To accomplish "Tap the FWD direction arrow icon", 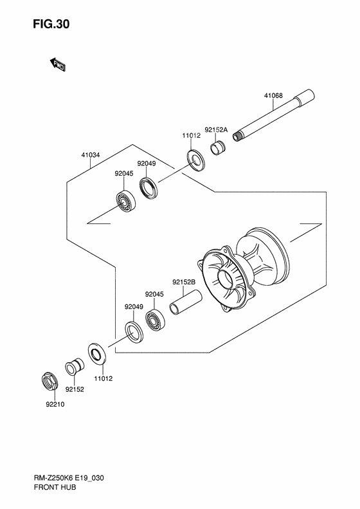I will pos(57,63).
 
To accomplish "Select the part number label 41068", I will pos(273,96).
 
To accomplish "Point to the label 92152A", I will pos(216,129).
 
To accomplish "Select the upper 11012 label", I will pos(192,136).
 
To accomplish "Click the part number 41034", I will pos(91,155).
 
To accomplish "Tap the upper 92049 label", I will pos(146,163).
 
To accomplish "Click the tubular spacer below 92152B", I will pos(186,302).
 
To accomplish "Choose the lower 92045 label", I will pos(155,294).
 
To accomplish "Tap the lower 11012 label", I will pos(103,379).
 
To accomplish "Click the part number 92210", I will pos(55,405).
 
